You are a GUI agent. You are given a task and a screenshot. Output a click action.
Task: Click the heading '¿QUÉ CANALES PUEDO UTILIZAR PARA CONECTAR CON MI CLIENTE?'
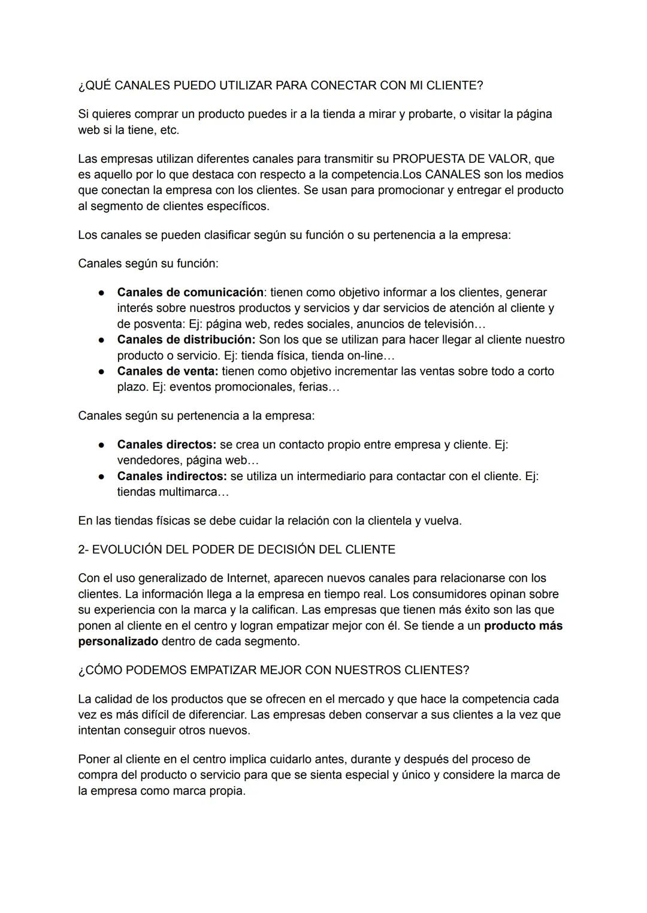point(280,85)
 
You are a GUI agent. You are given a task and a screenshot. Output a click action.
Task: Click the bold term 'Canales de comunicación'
point(190,292)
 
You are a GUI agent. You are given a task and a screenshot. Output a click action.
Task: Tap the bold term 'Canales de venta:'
point(168,371)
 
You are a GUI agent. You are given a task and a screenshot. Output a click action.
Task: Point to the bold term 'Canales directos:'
point(167,445)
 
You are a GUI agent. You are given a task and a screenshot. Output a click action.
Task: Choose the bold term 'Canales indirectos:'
point(172,477)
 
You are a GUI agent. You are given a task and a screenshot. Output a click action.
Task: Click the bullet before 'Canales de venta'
point(102,371)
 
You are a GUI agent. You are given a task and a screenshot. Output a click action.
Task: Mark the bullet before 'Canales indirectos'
point(102,477)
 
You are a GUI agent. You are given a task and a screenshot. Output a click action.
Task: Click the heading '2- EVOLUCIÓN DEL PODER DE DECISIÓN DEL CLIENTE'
point(237,550)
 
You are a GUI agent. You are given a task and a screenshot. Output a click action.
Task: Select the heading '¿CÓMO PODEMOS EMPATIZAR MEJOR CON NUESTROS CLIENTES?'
point(273,671)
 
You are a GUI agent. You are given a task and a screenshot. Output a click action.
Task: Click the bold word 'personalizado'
point(118,642)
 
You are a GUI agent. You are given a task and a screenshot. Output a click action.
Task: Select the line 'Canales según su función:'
point(148,263)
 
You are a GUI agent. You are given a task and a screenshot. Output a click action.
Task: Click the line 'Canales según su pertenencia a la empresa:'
point(196,415)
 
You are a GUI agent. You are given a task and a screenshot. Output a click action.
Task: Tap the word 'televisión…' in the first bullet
point(455,324)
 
